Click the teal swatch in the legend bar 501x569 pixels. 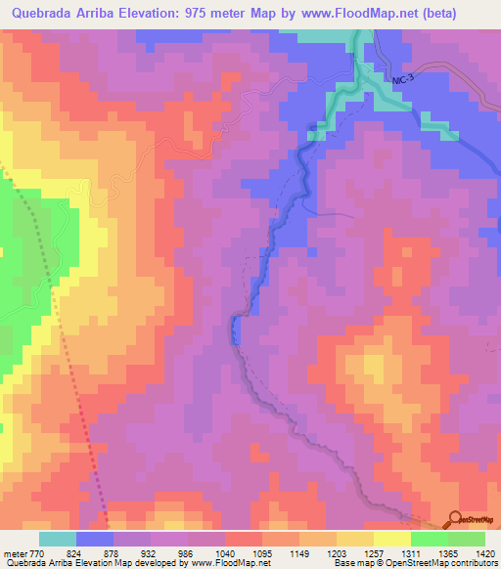[57, 539]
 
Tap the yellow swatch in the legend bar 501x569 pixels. [391, 539]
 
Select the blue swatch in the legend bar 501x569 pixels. [95, 539]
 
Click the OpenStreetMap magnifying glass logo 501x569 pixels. [456, 521]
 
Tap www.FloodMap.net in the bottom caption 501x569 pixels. [215, 562]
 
